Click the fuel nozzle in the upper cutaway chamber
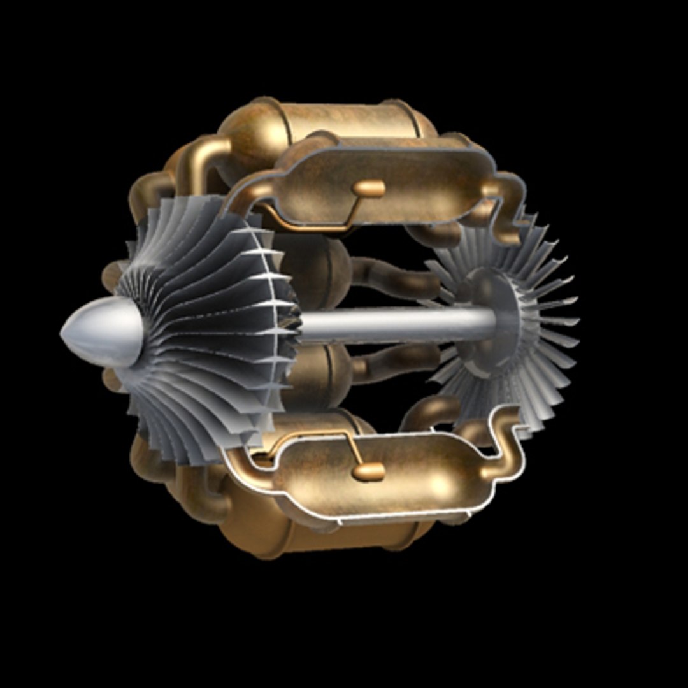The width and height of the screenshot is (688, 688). [x=368, y=189]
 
